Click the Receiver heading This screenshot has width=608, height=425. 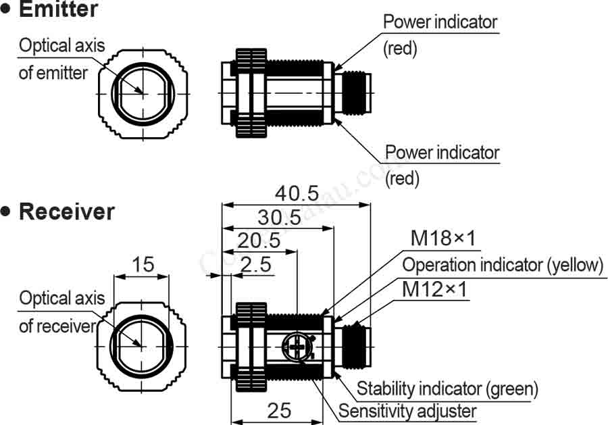tap(66, 211)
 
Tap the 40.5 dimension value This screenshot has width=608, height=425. tap(297, 193)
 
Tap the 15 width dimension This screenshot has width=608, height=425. tap(143, 264)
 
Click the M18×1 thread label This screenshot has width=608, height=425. tap(444, 239)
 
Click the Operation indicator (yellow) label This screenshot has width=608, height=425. tap(503, 264)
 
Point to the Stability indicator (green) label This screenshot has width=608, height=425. tap(447, 389)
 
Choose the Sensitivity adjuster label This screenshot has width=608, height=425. tap(407, 411)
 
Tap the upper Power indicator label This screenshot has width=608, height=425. tap(440, 22)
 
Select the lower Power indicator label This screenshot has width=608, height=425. tap(442, 152)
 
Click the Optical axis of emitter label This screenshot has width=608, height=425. tap(61, 59)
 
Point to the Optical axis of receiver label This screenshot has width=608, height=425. tap(61, 311)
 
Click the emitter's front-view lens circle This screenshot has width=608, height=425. tap(143, 92)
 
